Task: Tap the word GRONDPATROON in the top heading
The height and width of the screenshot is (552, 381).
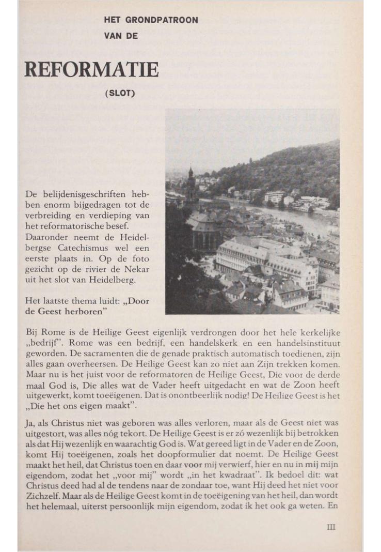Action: click(x=165, y=20)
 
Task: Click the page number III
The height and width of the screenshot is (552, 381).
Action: click(x=331, y=527)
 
